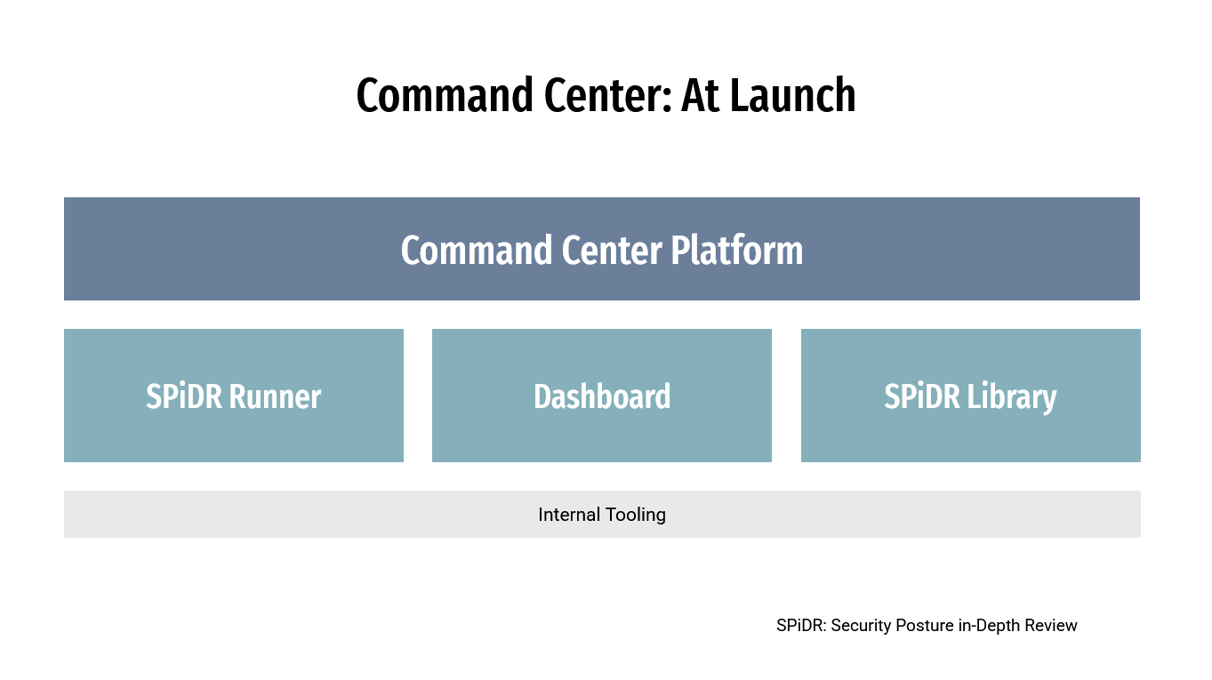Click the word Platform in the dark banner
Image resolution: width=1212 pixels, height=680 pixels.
(x=736, y=251)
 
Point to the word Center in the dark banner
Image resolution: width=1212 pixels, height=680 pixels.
(x=612, y=251)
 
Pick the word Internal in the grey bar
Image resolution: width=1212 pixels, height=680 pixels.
(x=568, y=515)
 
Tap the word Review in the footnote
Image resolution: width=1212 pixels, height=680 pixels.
(x=1051, y=626)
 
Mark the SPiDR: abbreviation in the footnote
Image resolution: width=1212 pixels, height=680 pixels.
(x=801, y=626)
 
